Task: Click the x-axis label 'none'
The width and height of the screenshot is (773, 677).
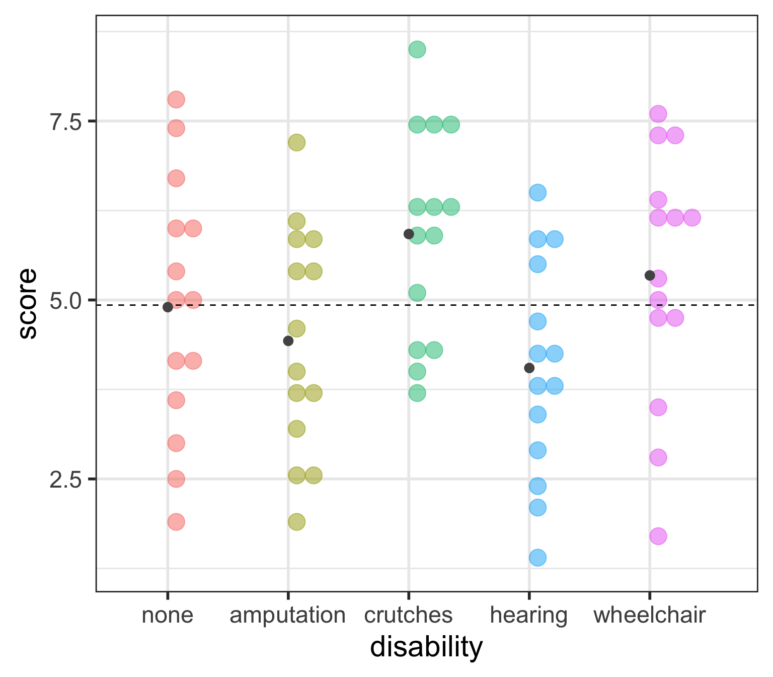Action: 168,615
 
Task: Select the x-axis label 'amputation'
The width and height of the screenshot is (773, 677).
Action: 287,615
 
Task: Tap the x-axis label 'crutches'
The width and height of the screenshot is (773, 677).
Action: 408,615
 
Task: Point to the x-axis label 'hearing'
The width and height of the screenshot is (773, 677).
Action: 528,615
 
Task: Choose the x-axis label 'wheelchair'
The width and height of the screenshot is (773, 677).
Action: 649,615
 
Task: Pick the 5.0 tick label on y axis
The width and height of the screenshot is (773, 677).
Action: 65,301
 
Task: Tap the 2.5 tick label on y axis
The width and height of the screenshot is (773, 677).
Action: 65,480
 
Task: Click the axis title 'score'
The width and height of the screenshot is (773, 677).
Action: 28,303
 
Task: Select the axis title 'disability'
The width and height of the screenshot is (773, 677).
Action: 426,647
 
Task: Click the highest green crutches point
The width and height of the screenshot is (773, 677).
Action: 417,49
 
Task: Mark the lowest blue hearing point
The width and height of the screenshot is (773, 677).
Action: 538,558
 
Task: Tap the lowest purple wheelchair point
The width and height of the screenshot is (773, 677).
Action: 658,536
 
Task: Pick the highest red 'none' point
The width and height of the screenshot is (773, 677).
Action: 176,99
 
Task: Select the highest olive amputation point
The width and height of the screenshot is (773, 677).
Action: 296,143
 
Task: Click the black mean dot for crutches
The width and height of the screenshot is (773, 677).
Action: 409,234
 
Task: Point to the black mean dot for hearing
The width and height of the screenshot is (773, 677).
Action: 529,368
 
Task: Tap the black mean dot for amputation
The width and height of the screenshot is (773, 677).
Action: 288,341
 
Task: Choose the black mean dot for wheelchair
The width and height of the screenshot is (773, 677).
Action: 650,275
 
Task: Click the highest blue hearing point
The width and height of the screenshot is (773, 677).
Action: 538,192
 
